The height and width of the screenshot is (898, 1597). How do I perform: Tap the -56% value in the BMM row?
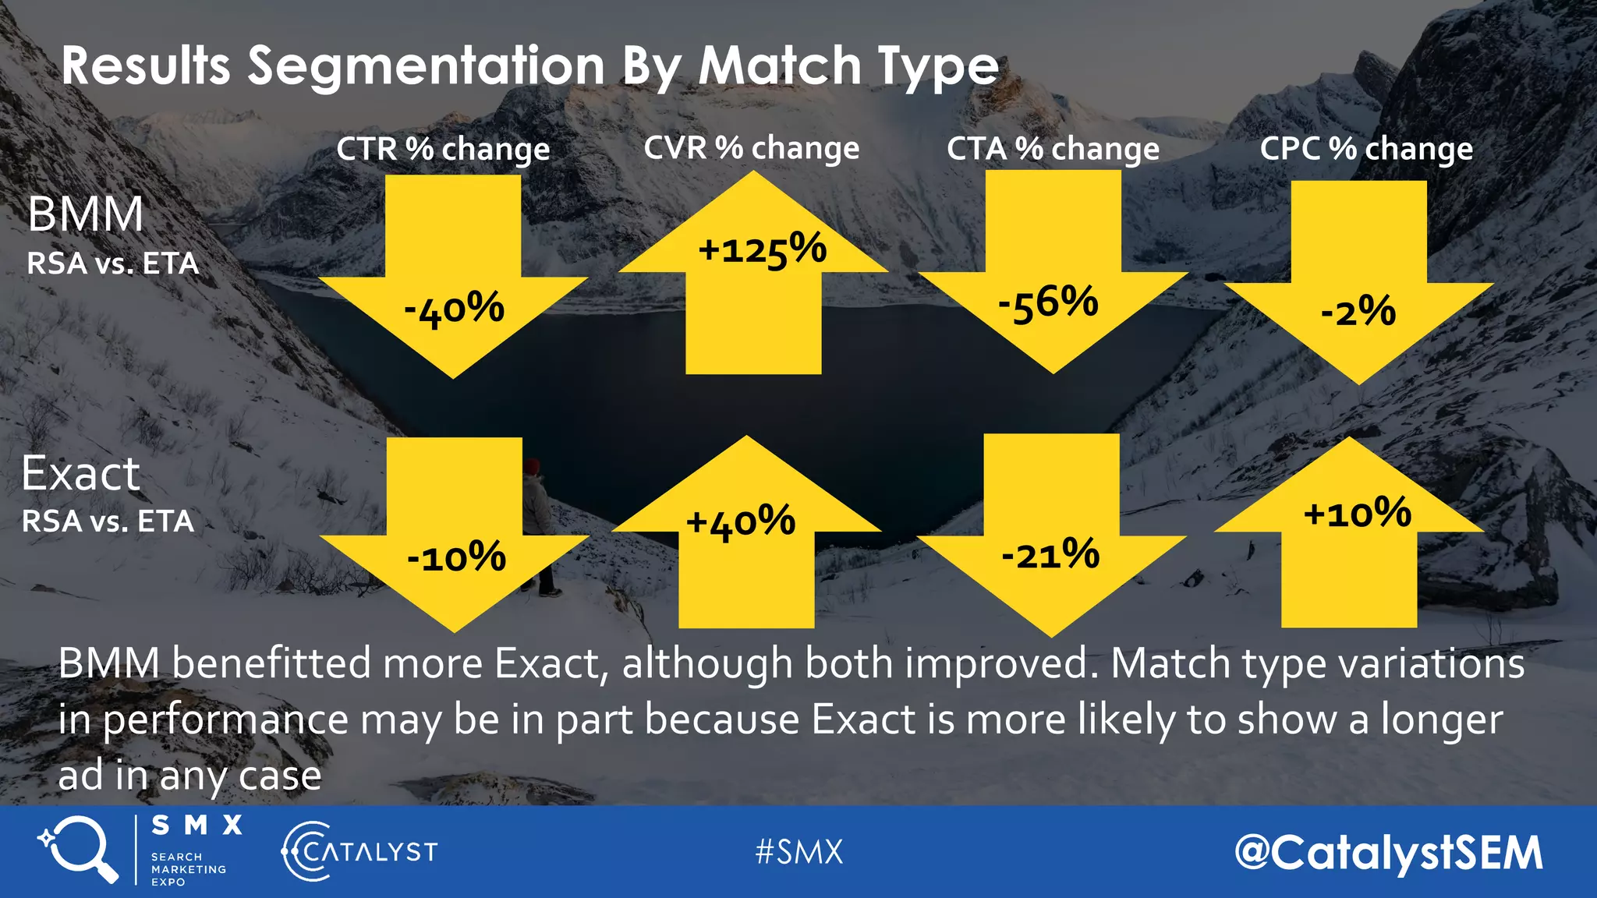tap(1049, 303)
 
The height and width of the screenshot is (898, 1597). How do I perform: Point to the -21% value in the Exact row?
tap(1050, 555)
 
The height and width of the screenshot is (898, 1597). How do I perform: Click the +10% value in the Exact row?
tap(1358, 514)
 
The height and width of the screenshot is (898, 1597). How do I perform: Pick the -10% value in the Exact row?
tap(457, 557)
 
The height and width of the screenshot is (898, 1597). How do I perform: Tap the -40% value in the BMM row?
tap(455, 309)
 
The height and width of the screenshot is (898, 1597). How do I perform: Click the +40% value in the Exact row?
tap(741, 521)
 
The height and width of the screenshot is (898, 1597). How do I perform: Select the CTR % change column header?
tap(443, 148)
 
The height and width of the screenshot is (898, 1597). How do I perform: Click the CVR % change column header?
tap(751, 147)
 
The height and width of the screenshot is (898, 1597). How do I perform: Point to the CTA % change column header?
tap(1053, 148)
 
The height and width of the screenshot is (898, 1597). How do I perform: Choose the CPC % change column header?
tap(1366, 148)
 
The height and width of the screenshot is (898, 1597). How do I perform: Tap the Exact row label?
tap(80, 473)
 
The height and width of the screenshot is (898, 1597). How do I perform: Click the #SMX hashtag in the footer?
tap(799, 851)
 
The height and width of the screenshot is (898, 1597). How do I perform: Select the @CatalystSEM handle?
tap(1389, 852)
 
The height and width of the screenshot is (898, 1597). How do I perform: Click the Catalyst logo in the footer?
tap(359, 851)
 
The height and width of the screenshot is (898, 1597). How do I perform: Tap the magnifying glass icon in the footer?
tap(79, 848)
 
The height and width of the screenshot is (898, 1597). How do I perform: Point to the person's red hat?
tap(531, 466)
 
